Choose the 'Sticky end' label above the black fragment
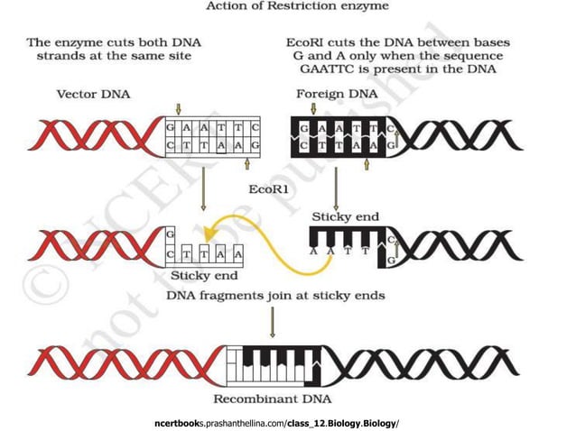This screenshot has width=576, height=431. pos(345,216)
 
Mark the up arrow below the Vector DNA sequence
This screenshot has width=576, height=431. pos(247,164)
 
